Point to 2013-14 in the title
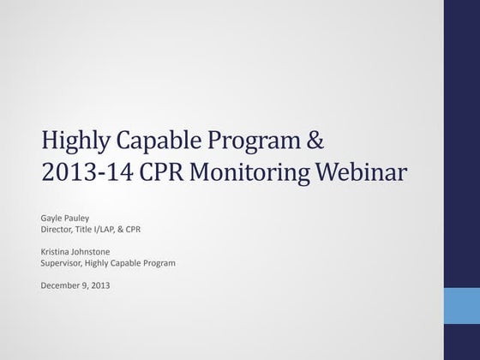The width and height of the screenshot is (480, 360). click(x=82, y=174)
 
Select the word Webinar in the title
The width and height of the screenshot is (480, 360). click(x=367, y=174)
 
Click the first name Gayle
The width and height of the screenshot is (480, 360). click(x=52, y=219)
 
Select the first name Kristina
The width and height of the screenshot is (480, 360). click(x=57, y=252)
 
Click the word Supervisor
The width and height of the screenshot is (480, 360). click(x=63, y=263)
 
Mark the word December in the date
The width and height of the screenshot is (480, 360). click(x=60, y=285)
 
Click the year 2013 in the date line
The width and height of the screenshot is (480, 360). click(x=99, y=285)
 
